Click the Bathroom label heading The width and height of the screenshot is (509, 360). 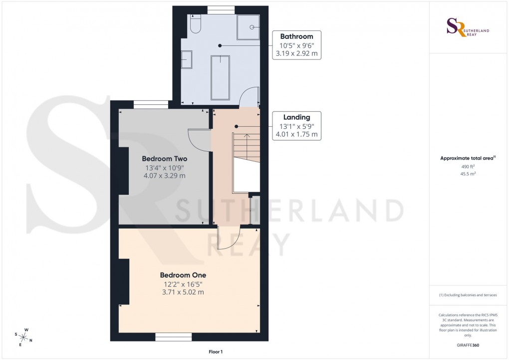coord(296,36)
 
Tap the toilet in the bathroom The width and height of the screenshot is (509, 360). coord(195,24)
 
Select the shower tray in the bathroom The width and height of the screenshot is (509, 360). coord(249,26)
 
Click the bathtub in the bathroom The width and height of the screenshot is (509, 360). coord(220,77)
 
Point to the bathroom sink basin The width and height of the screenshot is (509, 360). coord(187,60)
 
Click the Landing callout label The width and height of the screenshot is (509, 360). coord(296,117)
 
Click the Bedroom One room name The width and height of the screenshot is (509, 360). coord(183,275)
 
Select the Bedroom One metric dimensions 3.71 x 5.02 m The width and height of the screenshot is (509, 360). coord(183,293)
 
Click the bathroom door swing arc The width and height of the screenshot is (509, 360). coord(249,96)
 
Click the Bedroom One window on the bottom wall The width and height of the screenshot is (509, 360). coord(173,338)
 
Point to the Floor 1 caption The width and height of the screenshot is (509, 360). coord(216,352)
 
